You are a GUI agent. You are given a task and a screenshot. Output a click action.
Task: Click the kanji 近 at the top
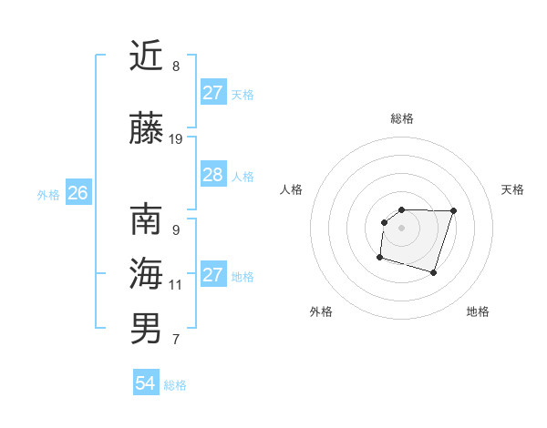click(x=146, y=56)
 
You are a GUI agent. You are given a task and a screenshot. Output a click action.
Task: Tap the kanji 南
click(x=146, y=219)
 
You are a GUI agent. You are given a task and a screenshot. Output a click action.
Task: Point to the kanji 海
click(x=146, y=273)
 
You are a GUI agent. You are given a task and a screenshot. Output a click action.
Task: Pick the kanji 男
click(x=146, y=329)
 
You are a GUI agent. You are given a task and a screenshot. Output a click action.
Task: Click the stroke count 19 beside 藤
click(x=176, y=139)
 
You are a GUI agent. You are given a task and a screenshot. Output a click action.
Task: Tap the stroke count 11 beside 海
click(x=176, y=285)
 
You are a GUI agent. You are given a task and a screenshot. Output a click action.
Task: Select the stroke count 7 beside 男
click(x=176, y=341)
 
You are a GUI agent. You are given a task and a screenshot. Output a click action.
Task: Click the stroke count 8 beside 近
click(x=176, y=66)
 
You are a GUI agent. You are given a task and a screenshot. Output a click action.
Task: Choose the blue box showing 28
click(x=212, y=175)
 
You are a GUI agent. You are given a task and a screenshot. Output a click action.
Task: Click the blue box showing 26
click(x=77, y=193)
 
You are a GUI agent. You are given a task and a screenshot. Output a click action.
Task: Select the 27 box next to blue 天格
click(x=212, y=93)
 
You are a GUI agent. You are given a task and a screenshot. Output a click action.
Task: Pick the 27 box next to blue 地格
click(x=212, y=275)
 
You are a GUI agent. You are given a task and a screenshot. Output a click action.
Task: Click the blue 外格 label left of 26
click(x=49, y=194)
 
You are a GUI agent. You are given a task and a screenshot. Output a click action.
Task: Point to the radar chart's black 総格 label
click(x=402, y=118)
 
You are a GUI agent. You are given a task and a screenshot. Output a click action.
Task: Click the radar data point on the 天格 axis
click(x=454, y=210)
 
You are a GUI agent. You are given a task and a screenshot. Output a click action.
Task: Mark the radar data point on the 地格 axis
click(x=434, y=272)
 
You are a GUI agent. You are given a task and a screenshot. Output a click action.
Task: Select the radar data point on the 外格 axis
click(x=379, y=258)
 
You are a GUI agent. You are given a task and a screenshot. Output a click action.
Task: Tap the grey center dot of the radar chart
click(x=402, y=227)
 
